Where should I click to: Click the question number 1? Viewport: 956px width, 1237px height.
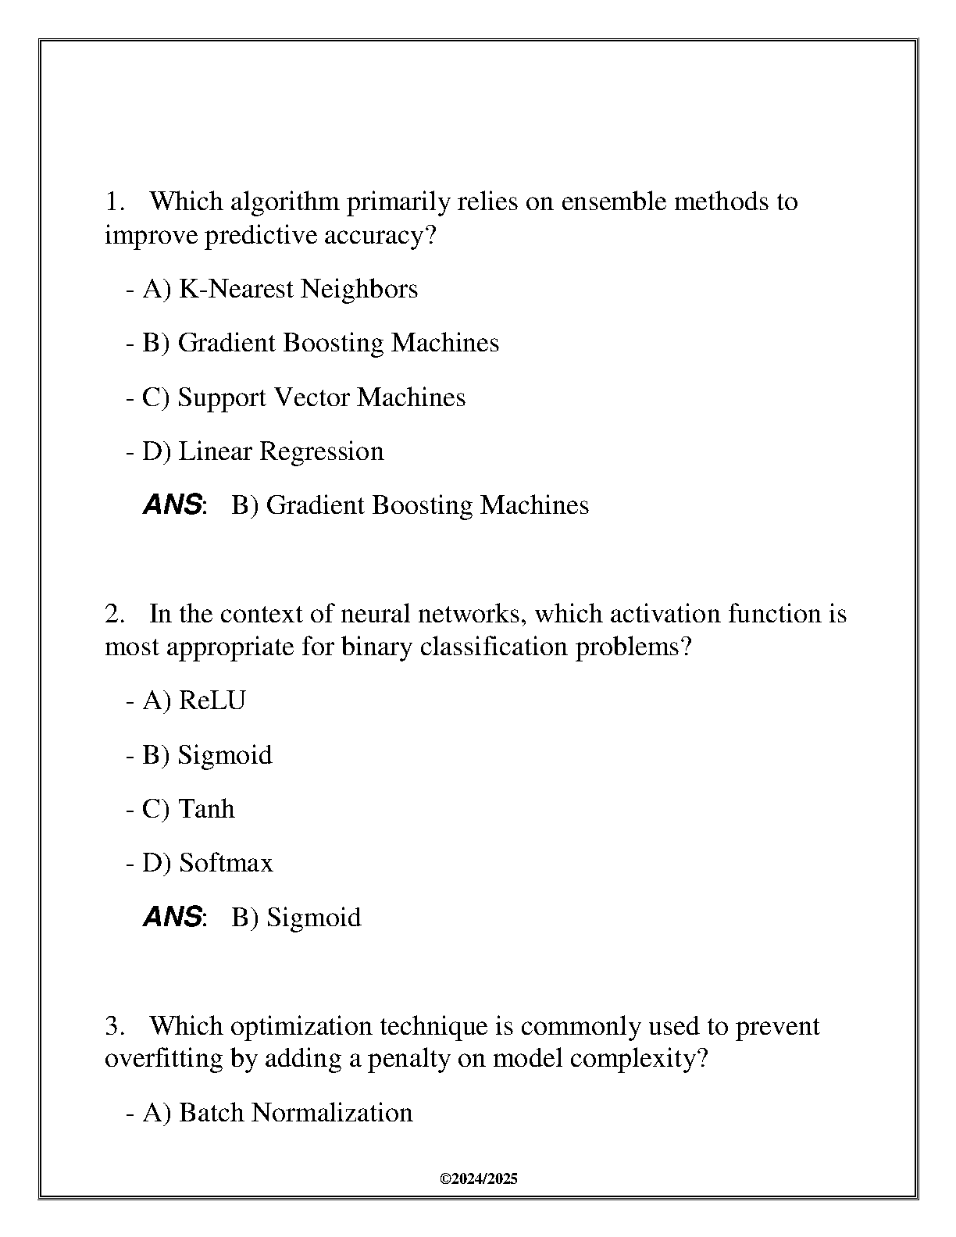114,202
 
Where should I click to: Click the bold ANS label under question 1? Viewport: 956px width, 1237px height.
173,505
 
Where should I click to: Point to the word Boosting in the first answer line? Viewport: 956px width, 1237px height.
422,506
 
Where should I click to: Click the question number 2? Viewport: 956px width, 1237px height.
114,615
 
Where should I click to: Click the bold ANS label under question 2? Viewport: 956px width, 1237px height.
173,917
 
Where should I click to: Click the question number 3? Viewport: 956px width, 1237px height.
114,1026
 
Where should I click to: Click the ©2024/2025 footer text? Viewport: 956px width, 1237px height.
479,1179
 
